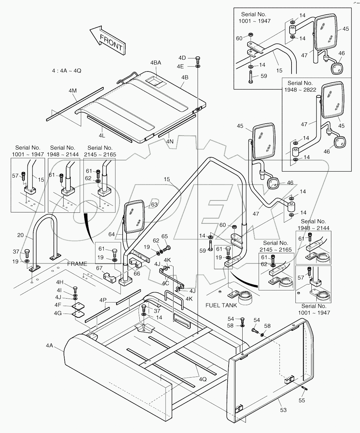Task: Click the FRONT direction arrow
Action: click(x=108, y=40)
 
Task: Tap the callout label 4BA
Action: click(x=156, y=63)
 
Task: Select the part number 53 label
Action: click(x=283, y=410)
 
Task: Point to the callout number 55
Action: click(x=302, y=400)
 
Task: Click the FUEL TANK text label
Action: click(x=221, y=305)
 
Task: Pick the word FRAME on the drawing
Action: click(x=77, y=264)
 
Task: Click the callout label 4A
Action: click(x=49, y=345)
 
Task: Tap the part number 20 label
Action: click(x=21, y=235)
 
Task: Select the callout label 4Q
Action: click(x=202, y=379)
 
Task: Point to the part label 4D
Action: click(x=182, y=58)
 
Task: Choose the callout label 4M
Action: click(x=73, y=90)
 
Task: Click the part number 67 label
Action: click(x=99, y=268)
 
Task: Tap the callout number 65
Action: click(x=165, y=237)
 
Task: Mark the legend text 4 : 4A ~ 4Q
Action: click(x=67, y=70)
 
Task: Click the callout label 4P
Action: click(x=103, y=300)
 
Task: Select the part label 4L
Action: click(x=102, y=135)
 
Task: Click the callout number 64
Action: click(x=112, y=234)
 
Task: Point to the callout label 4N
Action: click(x=170, y=142)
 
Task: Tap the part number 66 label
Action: click(x=137, y=273)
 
